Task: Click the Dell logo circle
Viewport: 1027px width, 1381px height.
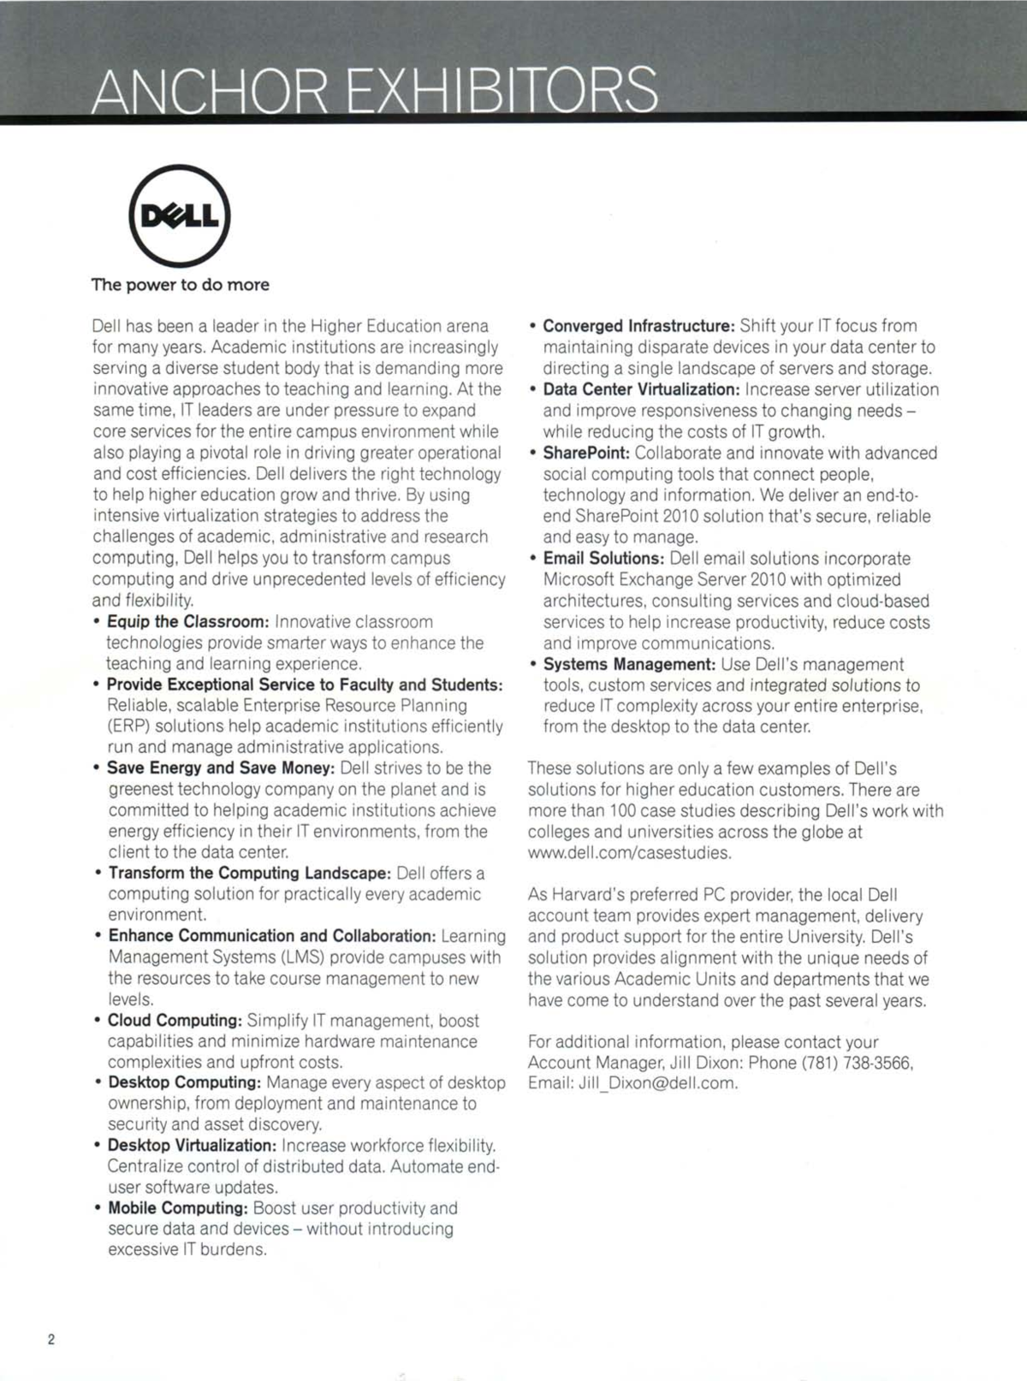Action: [179, 216]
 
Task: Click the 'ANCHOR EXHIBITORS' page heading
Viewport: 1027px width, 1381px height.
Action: [375, 91]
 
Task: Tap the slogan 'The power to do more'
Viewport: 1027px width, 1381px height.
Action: [181, 285]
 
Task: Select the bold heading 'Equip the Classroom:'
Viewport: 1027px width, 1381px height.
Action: [188, 621]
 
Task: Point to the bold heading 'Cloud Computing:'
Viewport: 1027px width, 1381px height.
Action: [175, 1021]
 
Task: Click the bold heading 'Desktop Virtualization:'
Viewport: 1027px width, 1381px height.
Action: [192, 1146]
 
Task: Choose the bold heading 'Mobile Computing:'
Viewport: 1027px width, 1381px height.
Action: [178, 1208]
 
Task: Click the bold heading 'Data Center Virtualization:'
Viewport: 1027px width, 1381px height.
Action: [642, 389]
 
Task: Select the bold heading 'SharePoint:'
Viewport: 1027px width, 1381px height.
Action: [586, 453]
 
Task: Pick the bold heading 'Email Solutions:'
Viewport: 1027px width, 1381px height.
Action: [603, 559]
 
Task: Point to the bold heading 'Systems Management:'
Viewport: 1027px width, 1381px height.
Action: [629, 665]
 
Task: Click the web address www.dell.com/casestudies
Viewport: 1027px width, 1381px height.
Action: [630, 853]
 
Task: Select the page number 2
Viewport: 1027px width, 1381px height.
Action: [51, 1339]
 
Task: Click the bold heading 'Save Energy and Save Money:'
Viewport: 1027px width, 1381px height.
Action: [221, 768]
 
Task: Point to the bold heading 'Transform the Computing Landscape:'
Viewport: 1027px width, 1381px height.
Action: [250, 874]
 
